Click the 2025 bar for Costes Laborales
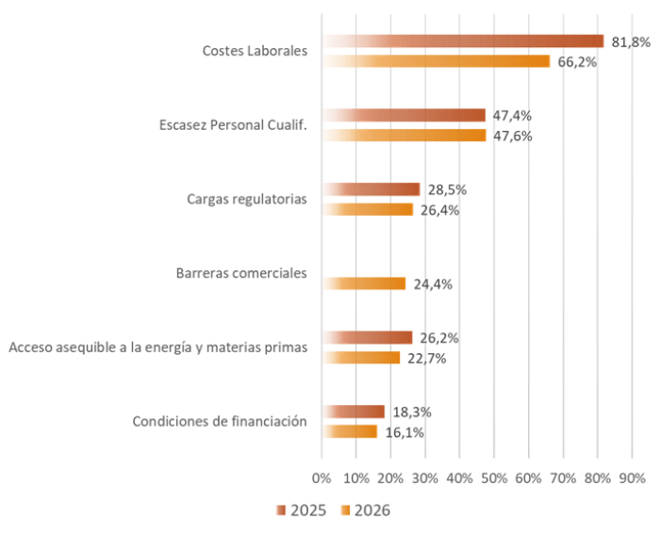tap(463, 40)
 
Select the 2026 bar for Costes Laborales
tap(437, 61)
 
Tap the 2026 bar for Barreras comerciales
tap(364, 283)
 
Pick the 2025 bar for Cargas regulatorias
tap(371, 189)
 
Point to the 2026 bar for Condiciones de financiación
tap(350, 431)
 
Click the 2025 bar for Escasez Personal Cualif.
tap(404, 115)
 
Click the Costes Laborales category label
tap(255, 51)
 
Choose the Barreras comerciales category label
tap(242, 274)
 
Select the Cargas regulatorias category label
tap(247, 200)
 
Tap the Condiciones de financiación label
tap(220, 422)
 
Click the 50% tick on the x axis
tap(494, 477)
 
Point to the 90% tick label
tap(632, 477)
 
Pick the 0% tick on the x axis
tap(322, 477)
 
